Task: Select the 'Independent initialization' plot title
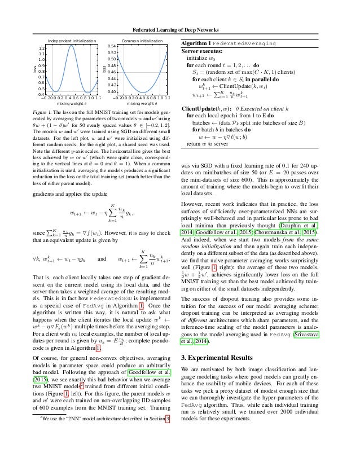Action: (x=68, y=41)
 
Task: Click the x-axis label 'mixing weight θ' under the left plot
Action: (x=68, y=104)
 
